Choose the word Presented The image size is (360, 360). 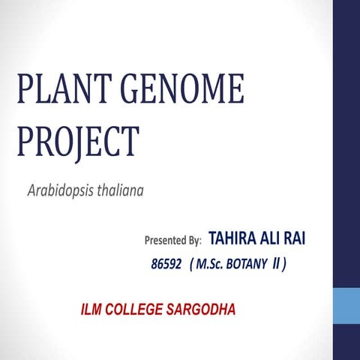tap(162, 241)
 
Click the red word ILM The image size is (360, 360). tap(94, 309)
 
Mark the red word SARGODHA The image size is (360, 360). tap(205, 309)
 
